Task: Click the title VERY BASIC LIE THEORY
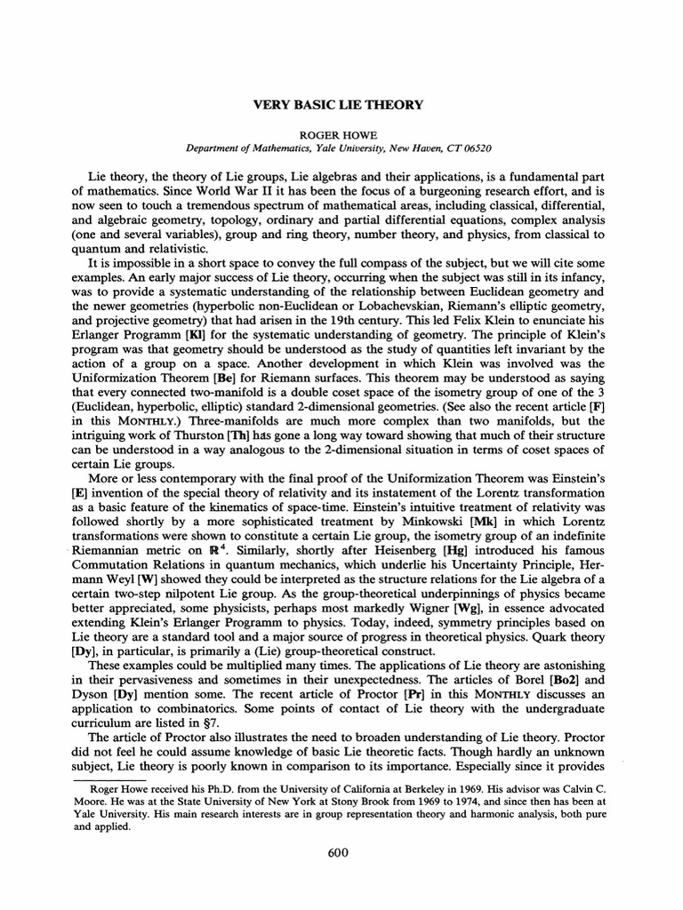pyautogui.click(x=341, y=104)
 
